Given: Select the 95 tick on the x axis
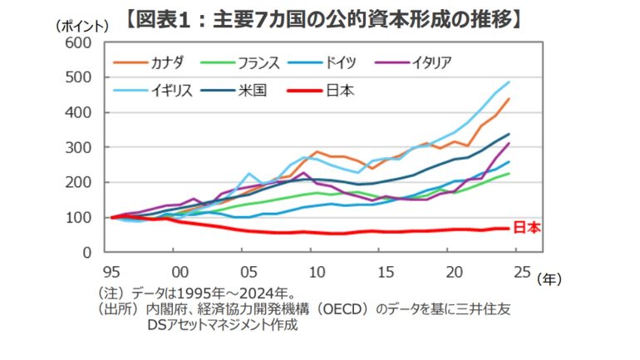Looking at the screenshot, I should (x=111, y=271).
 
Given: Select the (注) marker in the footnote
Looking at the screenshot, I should (x=110, y=293).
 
